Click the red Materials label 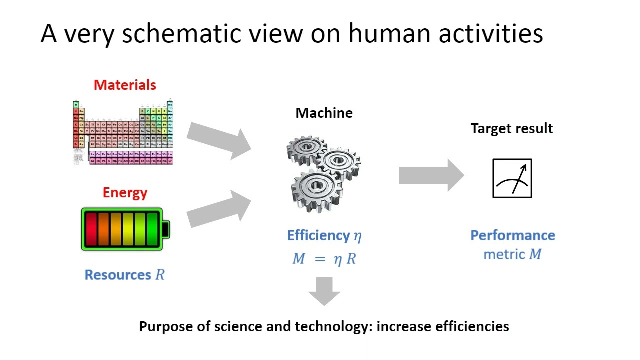pyautogui.click(x=125, y=85)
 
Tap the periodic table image pyautogui.click(x=123, y=132)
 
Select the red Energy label pyautogui.click(x=125, y=193)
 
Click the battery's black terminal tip pyautogui.click(x=166, y=229)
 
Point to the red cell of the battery pyautogui.click(x=91, y=229)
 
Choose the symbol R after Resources pyautogui.click(x=160, y=275)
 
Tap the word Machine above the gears pyautogui.click(x=324, y=113)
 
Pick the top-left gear pyautogui.click(x=306, y=149)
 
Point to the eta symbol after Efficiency pyautogui.click(x=357, y=236)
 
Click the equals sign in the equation pyautogui.click(x=320, y=259)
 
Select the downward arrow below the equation pyautogui.click(x=324, y=291)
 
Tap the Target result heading pyautogui.click(x=512, y=129)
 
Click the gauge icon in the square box pyautogui.click(x=512, y=178)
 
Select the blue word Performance pyautogui.click(x=513, y=235)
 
